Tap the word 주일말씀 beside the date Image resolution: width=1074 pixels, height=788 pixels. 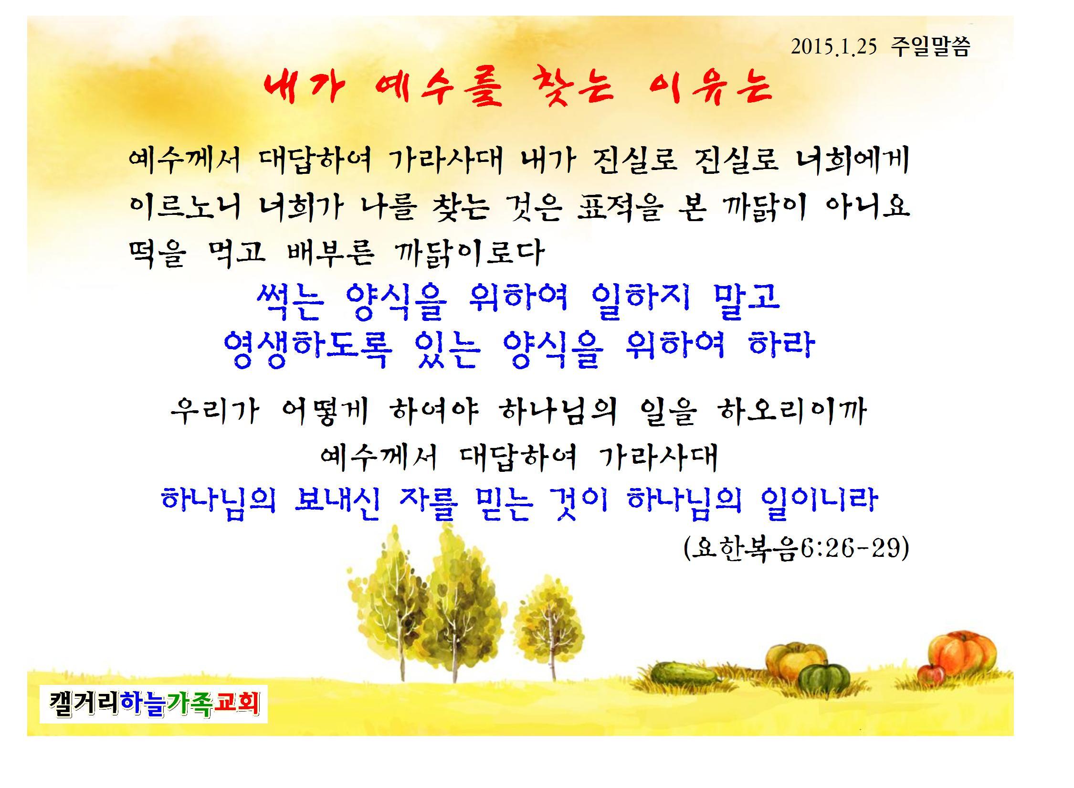point(930,47)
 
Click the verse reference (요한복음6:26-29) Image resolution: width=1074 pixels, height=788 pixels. point(796,549)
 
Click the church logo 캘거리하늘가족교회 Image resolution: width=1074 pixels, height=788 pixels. point(154,703)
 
